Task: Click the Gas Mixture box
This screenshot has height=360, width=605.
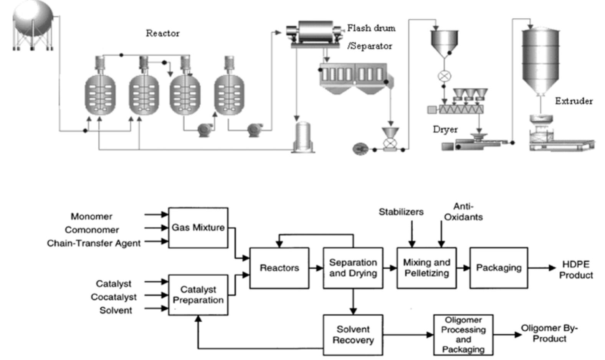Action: tap(198, 228)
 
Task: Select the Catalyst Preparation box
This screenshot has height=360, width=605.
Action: tap(198, 295)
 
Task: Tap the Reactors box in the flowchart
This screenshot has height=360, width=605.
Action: tap(279, 268)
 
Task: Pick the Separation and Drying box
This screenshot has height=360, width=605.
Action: tap(353, 268)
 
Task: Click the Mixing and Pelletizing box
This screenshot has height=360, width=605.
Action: tap(426, 268)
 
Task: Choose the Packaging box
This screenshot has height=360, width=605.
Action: tap(499, 268)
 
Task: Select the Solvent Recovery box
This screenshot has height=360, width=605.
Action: tap(353, 335)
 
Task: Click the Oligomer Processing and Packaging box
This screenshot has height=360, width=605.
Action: tap(463, 335)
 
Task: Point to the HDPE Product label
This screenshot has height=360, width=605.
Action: tap(575, 269)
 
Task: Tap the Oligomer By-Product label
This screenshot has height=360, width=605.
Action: tap(549, 333)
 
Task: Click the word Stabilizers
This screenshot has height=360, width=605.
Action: tap(401, 212)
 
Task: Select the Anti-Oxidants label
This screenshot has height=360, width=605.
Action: tap(463, 212)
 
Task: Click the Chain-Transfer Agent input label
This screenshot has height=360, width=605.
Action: tap(94, 243)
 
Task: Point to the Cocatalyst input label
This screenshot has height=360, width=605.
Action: tap(114, 297)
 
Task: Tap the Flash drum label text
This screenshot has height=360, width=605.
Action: tap(371, 28)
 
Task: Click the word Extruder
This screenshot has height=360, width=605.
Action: tap(574, 101)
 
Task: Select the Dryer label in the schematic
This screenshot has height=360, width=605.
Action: tap(445, 129)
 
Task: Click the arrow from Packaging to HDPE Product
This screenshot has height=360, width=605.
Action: tap(541, 268)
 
